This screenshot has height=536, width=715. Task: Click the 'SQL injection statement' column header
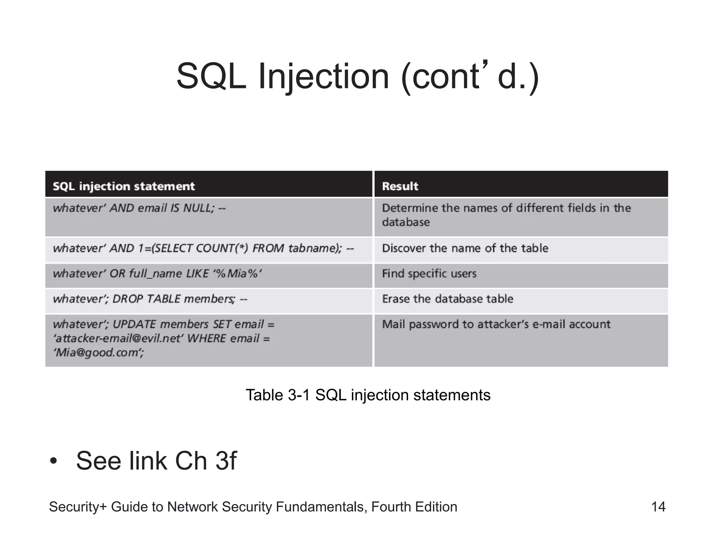click(124, 186)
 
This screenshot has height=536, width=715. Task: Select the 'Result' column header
click(400, 186)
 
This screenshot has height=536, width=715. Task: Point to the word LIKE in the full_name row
click(197, 274)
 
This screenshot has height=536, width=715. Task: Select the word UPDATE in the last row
click(134, 325)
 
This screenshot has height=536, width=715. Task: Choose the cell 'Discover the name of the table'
click(465, 248)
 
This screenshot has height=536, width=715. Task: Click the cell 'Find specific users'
click(429, 274)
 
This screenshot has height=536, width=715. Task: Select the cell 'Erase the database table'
click(448, 299)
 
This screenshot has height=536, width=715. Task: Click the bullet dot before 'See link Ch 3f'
click(53, 461)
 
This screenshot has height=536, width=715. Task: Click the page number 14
click(658, 507)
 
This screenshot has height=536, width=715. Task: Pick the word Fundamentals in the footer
click(321, 507)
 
